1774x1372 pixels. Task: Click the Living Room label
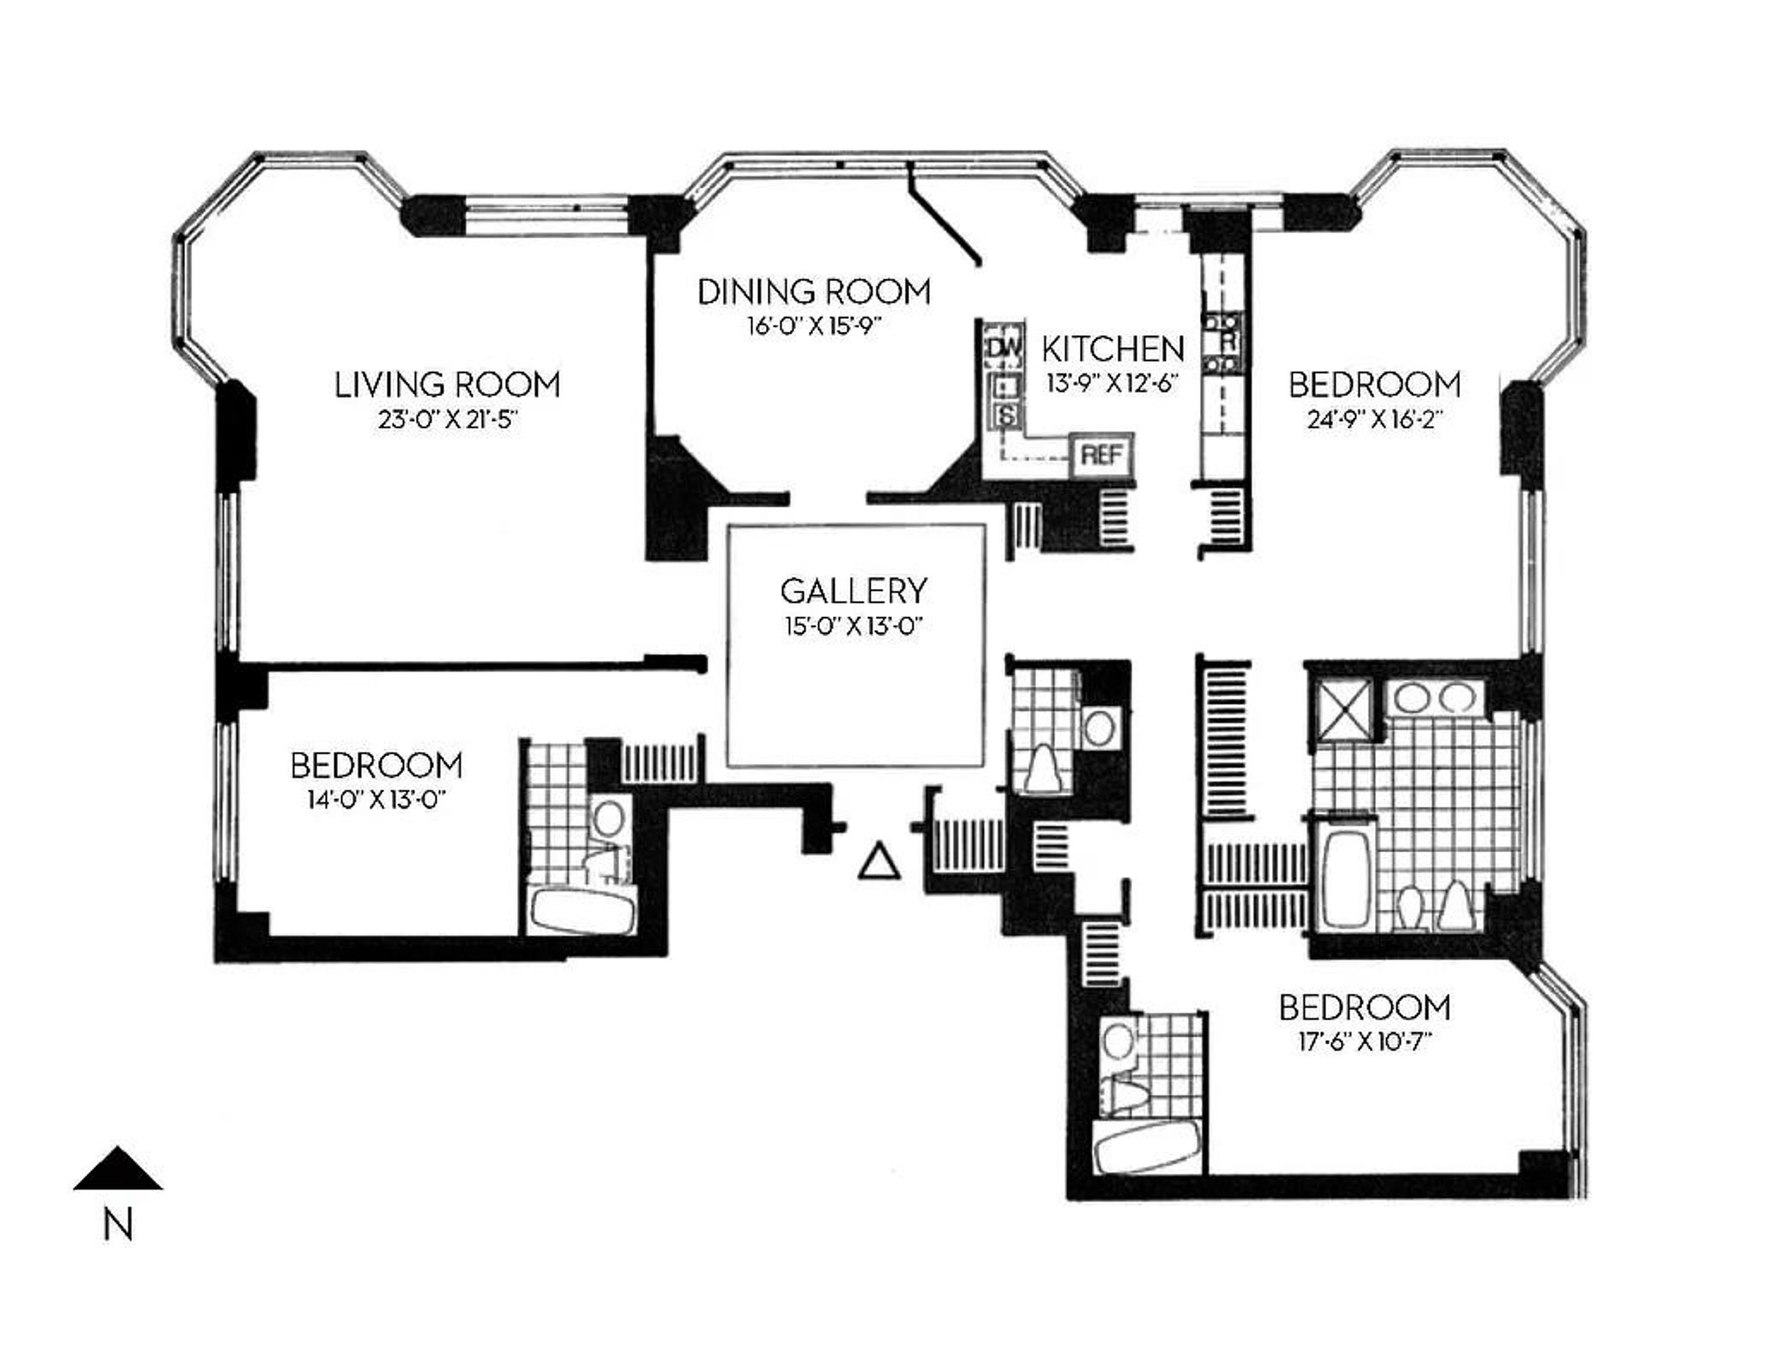tap(448, 385)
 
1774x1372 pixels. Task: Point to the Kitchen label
tap(1113, 349)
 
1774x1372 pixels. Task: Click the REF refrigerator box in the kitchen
tap(1102, 455)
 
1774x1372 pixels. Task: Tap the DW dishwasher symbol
tap(1005, 346)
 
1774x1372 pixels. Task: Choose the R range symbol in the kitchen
tap(1226, 342)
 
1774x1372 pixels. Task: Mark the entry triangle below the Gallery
tap(879, 864)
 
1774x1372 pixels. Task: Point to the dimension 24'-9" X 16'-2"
tap(1374, 420)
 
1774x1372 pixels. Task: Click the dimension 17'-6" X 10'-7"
tap(1365, 1042)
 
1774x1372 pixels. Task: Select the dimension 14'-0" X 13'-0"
tap(377, 800)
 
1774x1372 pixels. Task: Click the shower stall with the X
tap(1344, 711)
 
